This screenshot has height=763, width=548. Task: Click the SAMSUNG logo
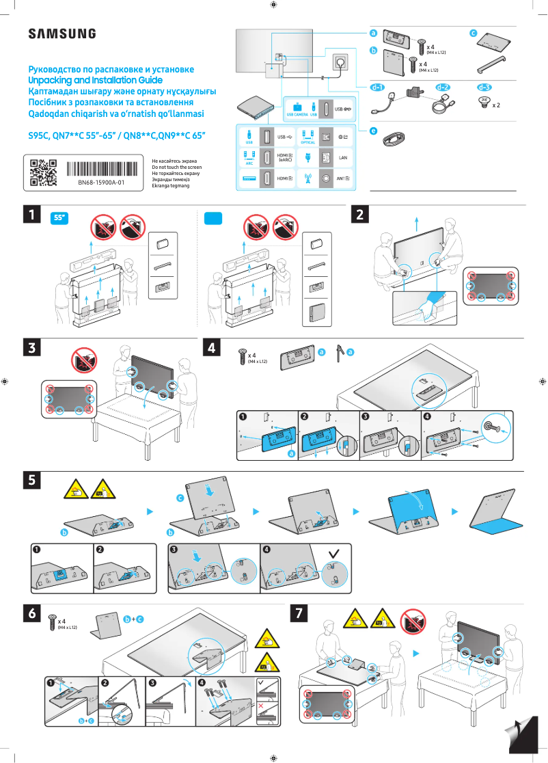point(61,34)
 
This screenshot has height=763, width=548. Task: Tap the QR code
point(44,172)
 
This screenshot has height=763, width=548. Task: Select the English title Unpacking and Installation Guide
point(95,81)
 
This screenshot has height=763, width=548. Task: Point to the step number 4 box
point(213,348)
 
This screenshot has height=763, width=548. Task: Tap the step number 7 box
point(299,615)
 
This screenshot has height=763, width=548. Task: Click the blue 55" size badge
point(61,218)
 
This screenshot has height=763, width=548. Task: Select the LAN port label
point(344,157)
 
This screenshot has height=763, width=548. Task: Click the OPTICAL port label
point(307,142)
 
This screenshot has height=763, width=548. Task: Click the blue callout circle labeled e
point(373,130)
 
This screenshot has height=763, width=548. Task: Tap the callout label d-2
point(443,88)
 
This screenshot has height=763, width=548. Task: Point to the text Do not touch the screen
point(176,167)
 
